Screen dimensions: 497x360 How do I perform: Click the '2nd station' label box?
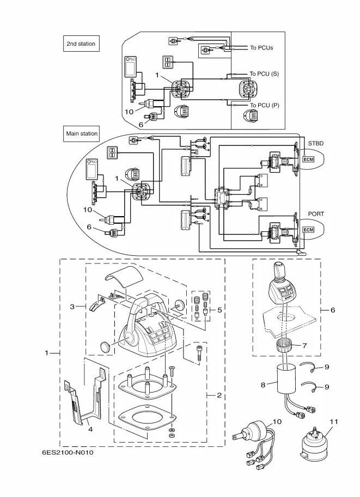click(81, 44)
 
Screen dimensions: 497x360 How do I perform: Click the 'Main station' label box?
click(82, 133)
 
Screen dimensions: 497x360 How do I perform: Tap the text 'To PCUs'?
click(261, 48)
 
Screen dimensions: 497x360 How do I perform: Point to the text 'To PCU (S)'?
click(264, 73)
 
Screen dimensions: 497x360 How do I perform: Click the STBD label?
click(316, 143)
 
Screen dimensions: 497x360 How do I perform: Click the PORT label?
click(316, 214)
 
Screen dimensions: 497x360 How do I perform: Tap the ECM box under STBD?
click(308, 159)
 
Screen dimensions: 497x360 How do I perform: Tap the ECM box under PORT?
click(308, 230)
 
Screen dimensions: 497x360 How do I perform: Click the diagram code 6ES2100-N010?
click(67, 452)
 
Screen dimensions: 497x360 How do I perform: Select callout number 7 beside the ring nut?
click(305, 346)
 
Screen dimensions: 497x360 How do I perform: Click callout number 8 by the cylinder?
click(263, 385)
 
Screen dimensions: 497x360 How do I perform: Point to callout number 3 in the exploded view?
click(72, 307)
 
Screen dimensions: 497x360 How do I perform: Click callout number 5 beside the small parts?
click(219, 310)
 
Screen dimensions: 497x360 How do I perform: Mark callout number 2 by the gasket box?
click(219, 395)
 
